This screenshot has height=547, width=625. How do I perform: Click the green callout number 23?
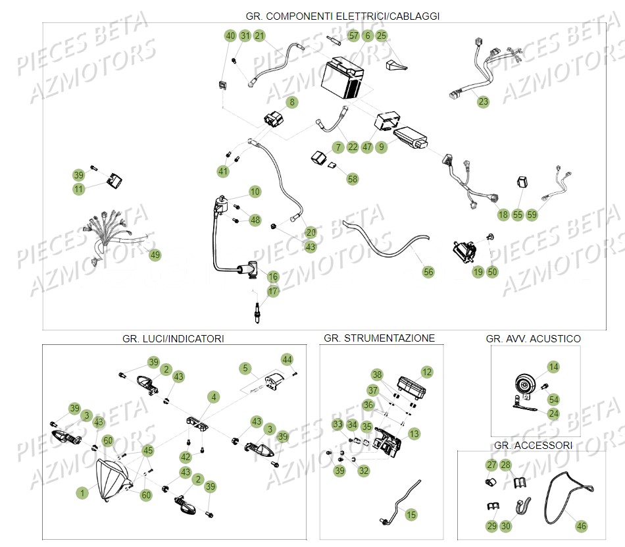tap(484, 102)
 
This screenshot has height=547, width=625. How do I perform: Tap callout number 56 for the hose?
tap(428, 271)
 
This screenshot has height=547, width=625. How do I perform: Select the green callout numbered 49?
tap(155, 255)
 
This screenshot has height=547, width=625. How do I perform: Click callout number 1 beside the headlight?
tap(82, 492)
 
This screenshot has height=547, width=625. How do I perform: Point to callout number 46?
tap(581, 526)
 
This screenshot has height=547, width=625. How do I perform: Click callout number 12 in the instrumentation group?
tap(427, 372)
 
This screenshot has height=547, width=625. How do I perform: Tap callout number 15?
tap(411, 515)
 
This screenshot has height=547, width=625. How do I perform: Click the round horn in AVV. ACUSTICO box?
tap(524, 385)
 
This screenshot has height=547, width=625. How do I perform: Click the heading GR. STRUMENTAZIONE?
tap(379, 338)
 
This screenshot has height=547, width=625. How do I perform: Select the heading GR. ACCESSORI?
tap(533, 446)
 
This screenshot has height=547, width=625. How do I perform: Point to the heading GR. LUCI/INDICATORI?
tap(173, 339)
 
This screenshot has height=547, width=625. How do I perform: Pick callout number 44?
tap(287, 359)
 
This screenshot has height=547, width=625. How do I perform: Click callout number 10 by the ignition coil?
tap(255, 192)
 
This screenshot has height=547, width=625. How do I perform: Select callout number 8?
tap(291, 102)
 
